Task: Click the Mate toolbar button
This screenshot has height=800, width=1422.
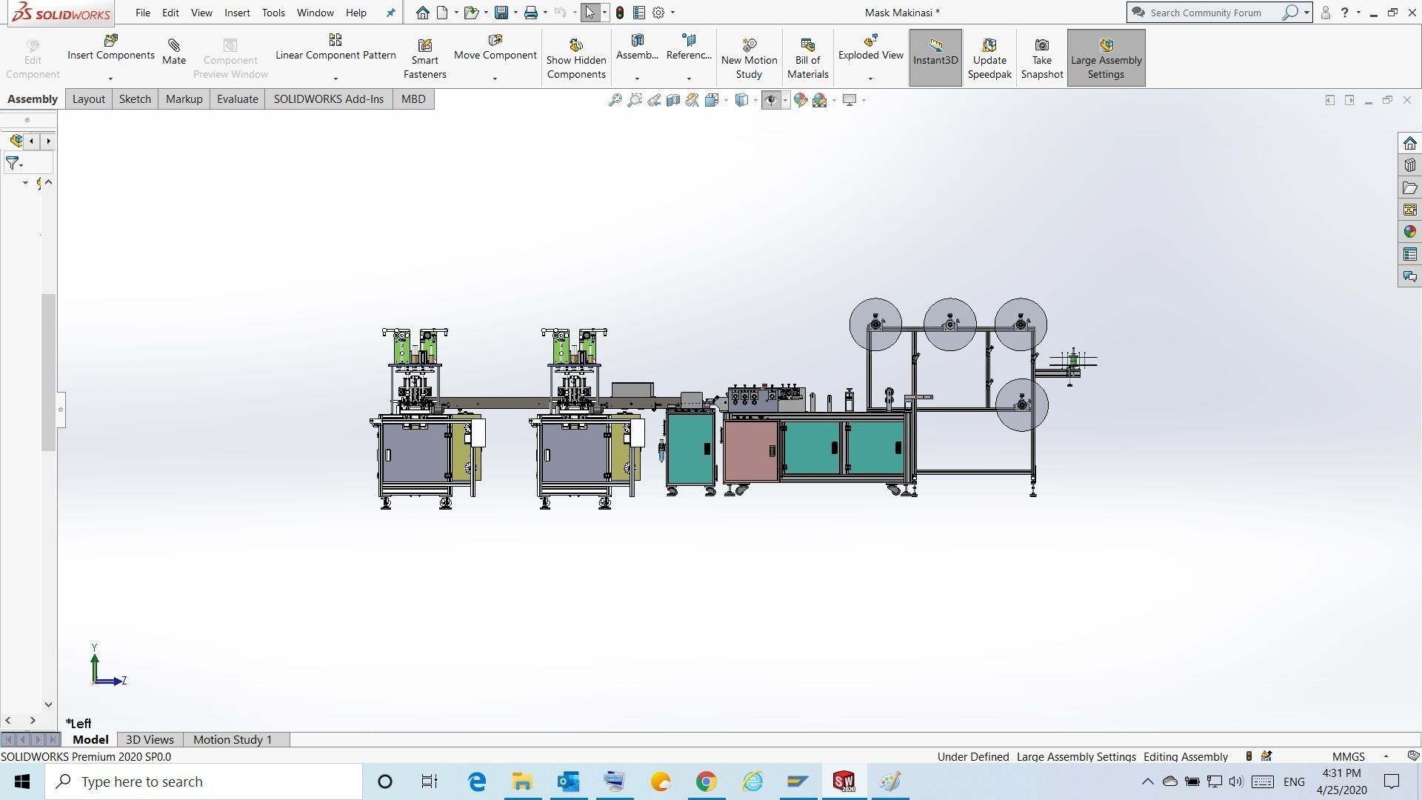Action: click(174, 53)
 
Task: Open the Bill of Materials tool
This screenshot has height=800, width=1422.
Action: click(807, 59)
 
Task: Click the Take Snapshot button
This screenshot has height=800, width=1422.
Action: click(1041, 59)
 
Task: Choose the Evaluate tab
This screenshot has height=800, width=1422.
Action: click(237, 99)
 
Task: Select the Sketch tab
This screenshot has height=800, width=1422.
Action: click(135, 99)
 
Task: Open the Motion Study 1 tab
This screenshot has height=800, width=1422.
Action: click(233, 739)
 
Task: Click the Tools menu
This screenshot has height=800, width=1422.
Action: click(273, 13)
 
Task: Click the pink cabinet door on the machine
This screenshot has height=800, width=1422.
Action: click(750, 450)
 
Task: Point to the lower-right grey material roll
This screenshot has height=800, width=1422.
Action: click(1021, 404)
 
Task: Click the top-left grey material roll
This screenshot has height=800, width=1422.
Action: click(875, 324)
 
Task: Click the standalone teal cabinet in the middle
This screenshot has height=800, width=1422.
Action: click(689, 449)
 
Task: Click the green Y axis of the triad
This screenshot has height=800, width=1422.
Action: click(95, 663)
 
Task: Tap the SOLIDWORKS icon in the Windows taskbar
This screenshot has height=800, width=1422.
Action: click(844, 781)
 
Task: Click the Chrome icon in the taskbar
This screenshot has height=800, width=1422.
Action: click(706, 781)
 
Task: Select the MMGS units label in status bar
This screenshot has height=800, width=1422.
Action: click(1348, 756)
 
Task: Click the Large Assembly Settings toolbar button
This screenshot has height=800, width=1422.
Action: click(1106, 59)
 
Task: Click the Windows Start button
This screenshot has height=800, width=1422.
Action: click(22, 781)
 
